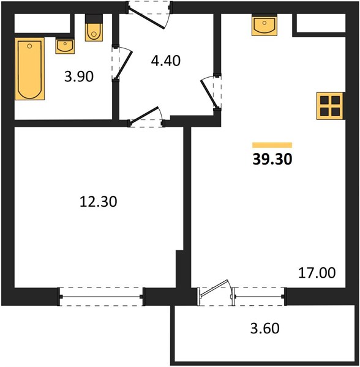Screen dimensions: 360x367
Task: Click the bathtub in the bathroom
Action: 30,69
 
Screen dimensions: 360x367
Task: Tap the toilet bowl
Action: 94,32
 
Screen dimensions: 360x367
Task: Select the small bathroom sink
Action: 65,46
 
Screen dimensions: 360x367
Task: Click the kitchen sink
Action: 264,26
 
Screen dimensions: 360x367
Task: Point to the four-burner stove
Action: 330,106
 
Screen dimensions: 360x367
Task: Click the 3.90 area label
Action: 79,76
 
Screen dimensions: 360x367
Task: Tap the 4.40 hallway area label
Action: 165,61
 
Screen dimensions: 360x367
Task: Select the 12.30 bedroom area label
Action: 99,201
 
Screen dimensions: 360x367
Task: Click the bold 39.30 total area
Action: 272,160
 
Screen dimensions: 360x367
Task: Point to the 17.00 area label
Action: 317,273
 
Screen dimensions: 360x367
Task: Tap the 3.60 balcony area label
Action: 265,328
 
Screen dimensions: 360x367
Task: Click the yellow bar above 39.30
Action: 272,145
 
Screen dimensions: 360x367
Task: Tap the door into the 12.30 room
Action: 144,114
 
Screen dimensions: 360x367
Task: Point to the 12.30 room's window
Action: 101,297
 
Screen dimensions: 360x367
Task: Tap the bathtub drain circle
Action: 29,46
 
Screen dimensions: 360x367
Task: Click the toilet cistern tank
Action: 94,19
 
